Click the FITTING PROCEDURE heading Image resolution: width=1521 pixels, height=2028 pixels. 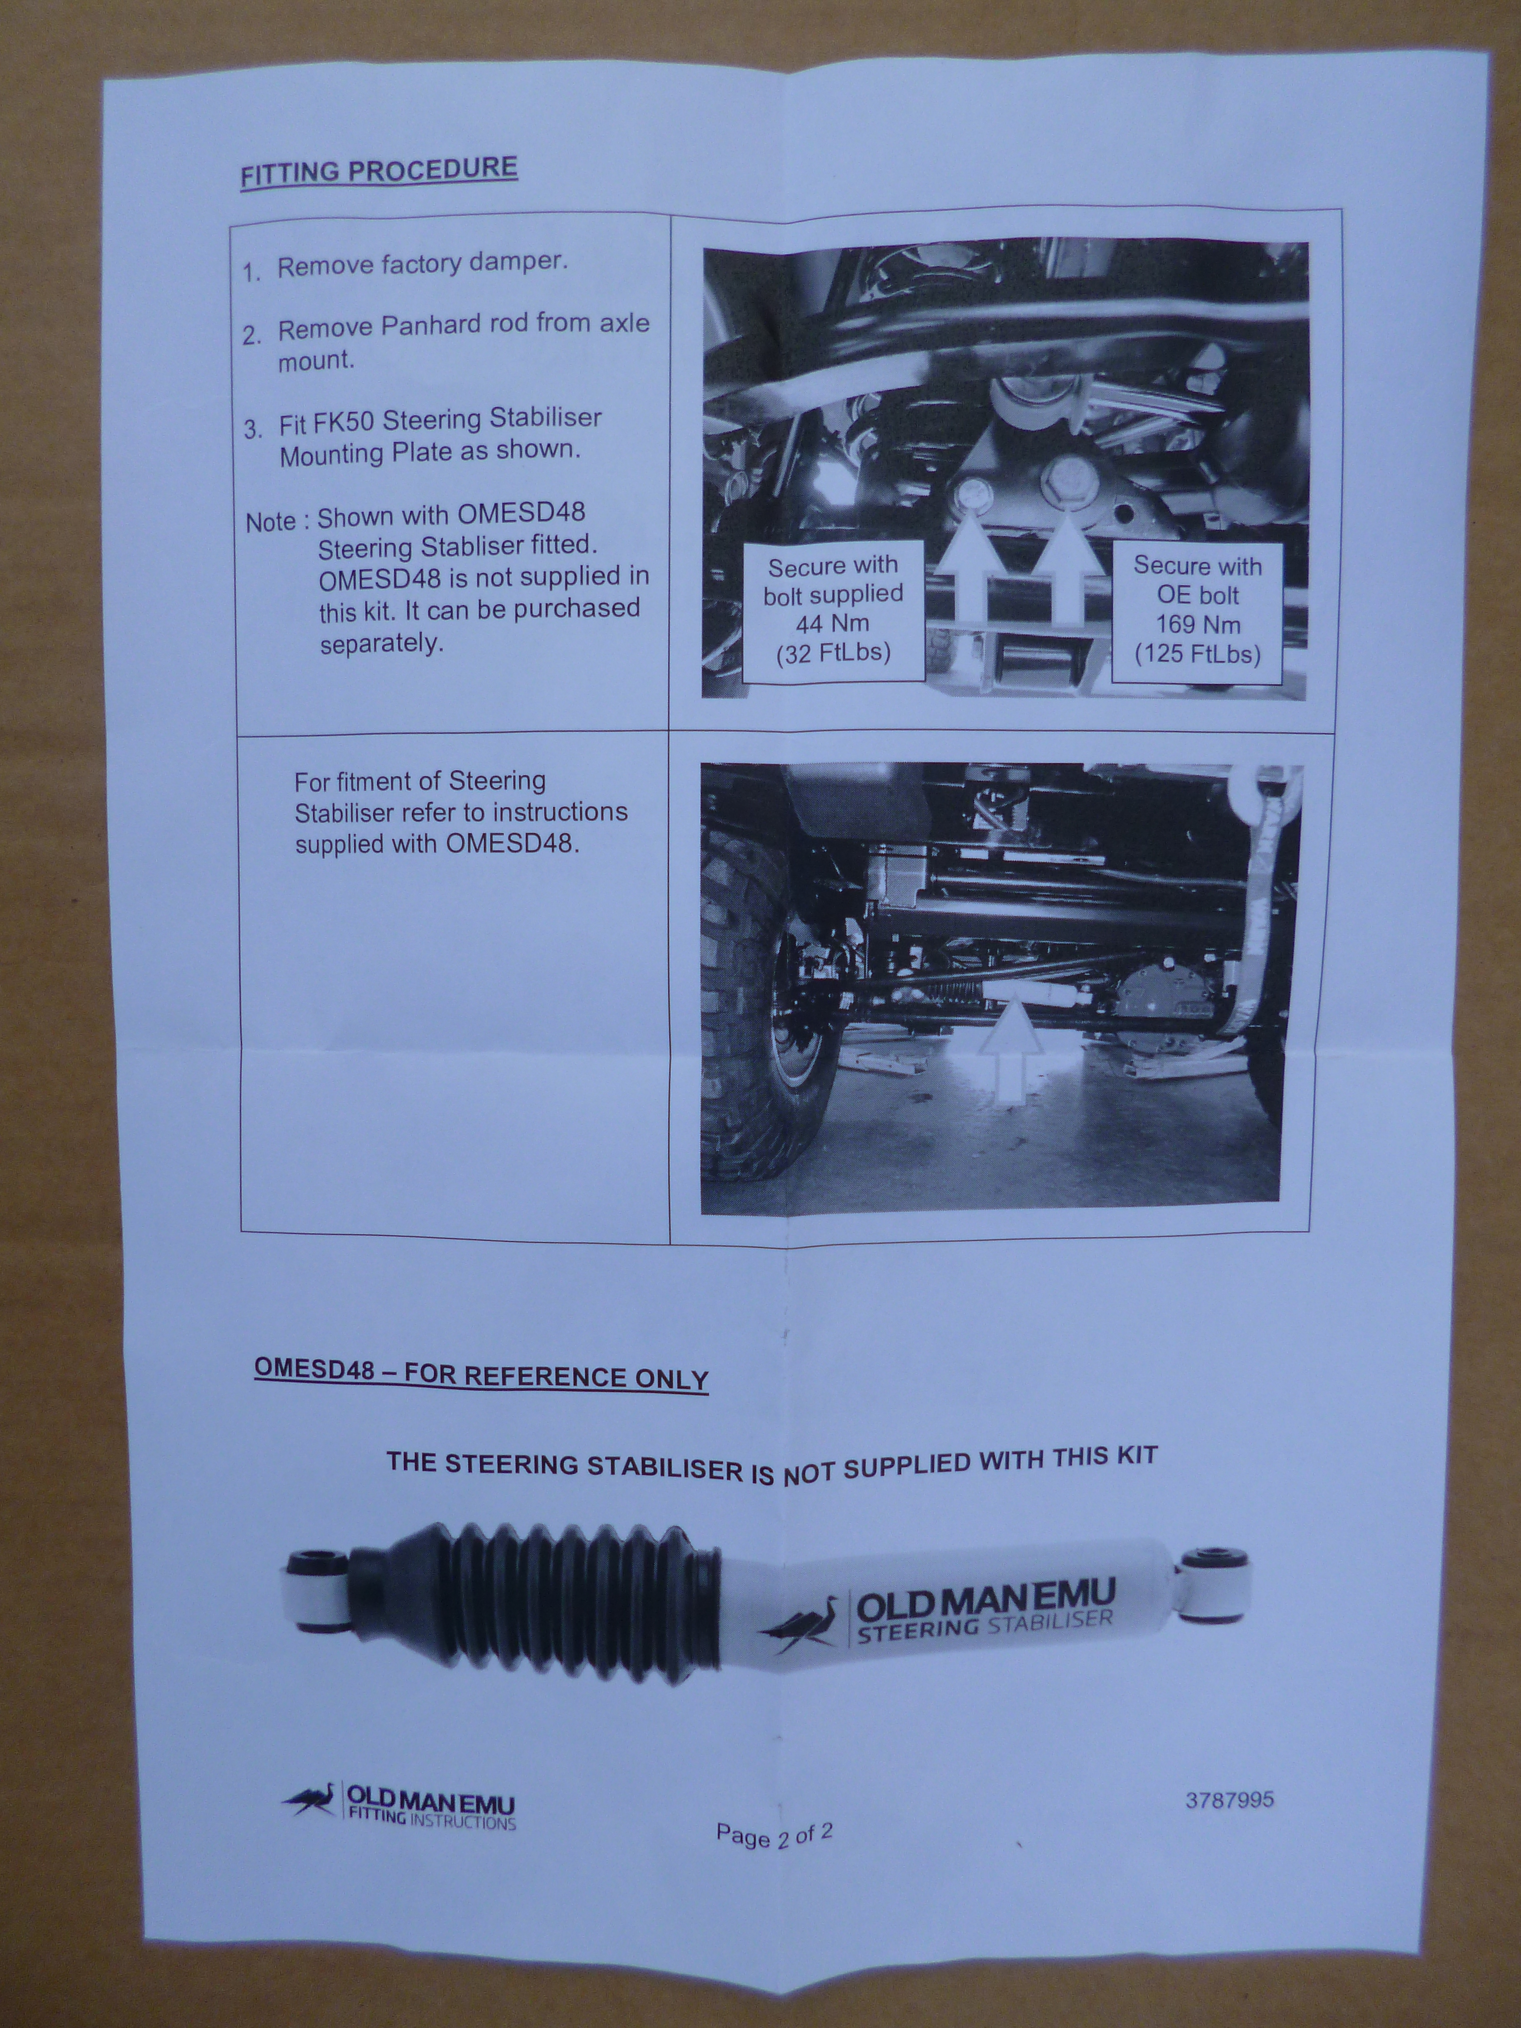click(x=379, y=171)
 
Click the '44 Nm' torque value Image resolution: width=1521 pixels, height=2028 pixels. click(x=832, y=624)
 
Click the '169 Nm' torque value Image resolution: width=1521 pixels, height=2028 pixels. click(x=1198, y=625)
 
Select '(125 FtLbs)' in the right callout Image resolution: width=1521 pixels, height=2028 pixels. click(x=1198, y=654)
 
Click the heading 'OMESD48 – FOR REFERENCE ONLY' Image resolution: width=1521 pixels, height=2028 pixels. click(x=481, y=1375)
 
